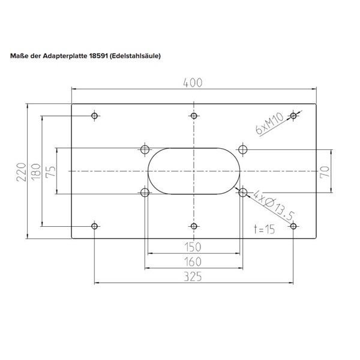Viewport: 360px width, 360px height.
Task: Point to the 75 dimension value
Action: (51, 172)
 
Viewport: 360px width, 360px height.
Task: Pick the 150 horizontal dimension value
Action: (193, 247)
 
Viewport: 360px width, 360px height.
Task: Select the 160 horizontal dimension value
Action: (193, 262)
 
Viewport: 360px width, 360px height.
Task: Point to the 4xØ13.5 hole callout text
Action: (273, 205)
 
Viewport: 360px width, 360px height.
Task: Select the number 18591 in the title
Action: (99, 56)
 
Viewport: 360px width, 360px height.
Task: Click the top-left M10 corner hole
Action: (94, 116)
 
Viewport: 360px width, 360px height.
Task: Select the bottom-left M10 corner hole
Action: (94, 226)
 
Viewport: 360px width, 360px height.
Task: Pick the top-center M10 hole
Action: (193, 116)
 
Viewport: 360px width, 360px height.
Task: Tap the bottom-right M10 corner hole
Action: (293, 226)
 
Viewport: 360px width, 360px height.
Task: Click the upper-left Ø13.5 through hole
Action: (144, 149)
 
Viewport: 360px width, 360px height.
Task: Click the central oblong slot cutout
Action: (193, 171)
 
